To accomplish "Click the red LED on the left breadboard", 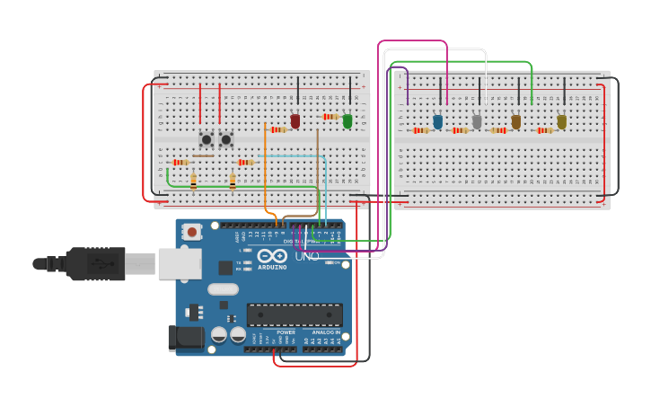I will tap(295, 120).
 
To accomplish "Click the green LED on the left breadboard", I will tap(347, 120).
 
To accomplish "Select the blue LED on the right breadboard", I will tap(437, 121).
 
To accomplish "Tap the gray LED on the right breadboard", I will tap(477, 121).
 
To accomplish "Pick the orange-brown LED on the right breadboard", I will tap(516, 121).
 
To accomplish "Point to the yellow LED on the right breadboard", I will tap(562, 121).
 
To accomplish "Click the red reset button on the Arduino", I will tap(191, 232).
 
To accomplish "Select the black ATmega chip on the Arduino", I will tap(295, 314).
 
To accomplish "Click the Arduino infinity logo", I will tap(268, 255).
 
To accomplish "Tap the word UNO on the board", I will tap(307, 256).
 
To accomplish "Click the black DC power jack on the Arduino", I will tap(185, 339).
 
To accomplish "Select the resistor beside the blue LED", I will tap(420, 130).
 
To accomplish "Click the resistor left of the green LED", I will tap(331, 117).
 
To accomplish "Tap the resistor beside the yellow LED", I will tap(544, 130).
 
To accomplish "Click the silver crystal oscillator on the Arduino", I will tap(223, 289).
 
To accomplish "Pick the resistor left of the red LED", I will tap(278, 129).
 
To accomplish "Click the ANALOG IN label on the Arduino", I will tap(326, 332).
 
